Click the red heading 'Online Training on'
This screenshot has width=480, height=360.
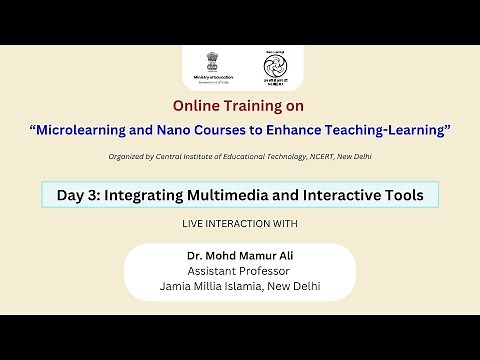point(239,105)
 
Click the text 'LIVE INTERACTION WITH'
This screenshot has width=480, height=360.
point(239,222)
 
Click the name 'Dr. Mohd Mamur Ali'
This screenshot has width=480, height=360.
point(239,255)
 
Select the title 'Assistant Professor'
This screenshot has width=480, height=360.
point(239,270)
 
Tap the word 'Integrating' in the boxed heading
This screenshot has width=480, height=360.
point(140,194)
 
